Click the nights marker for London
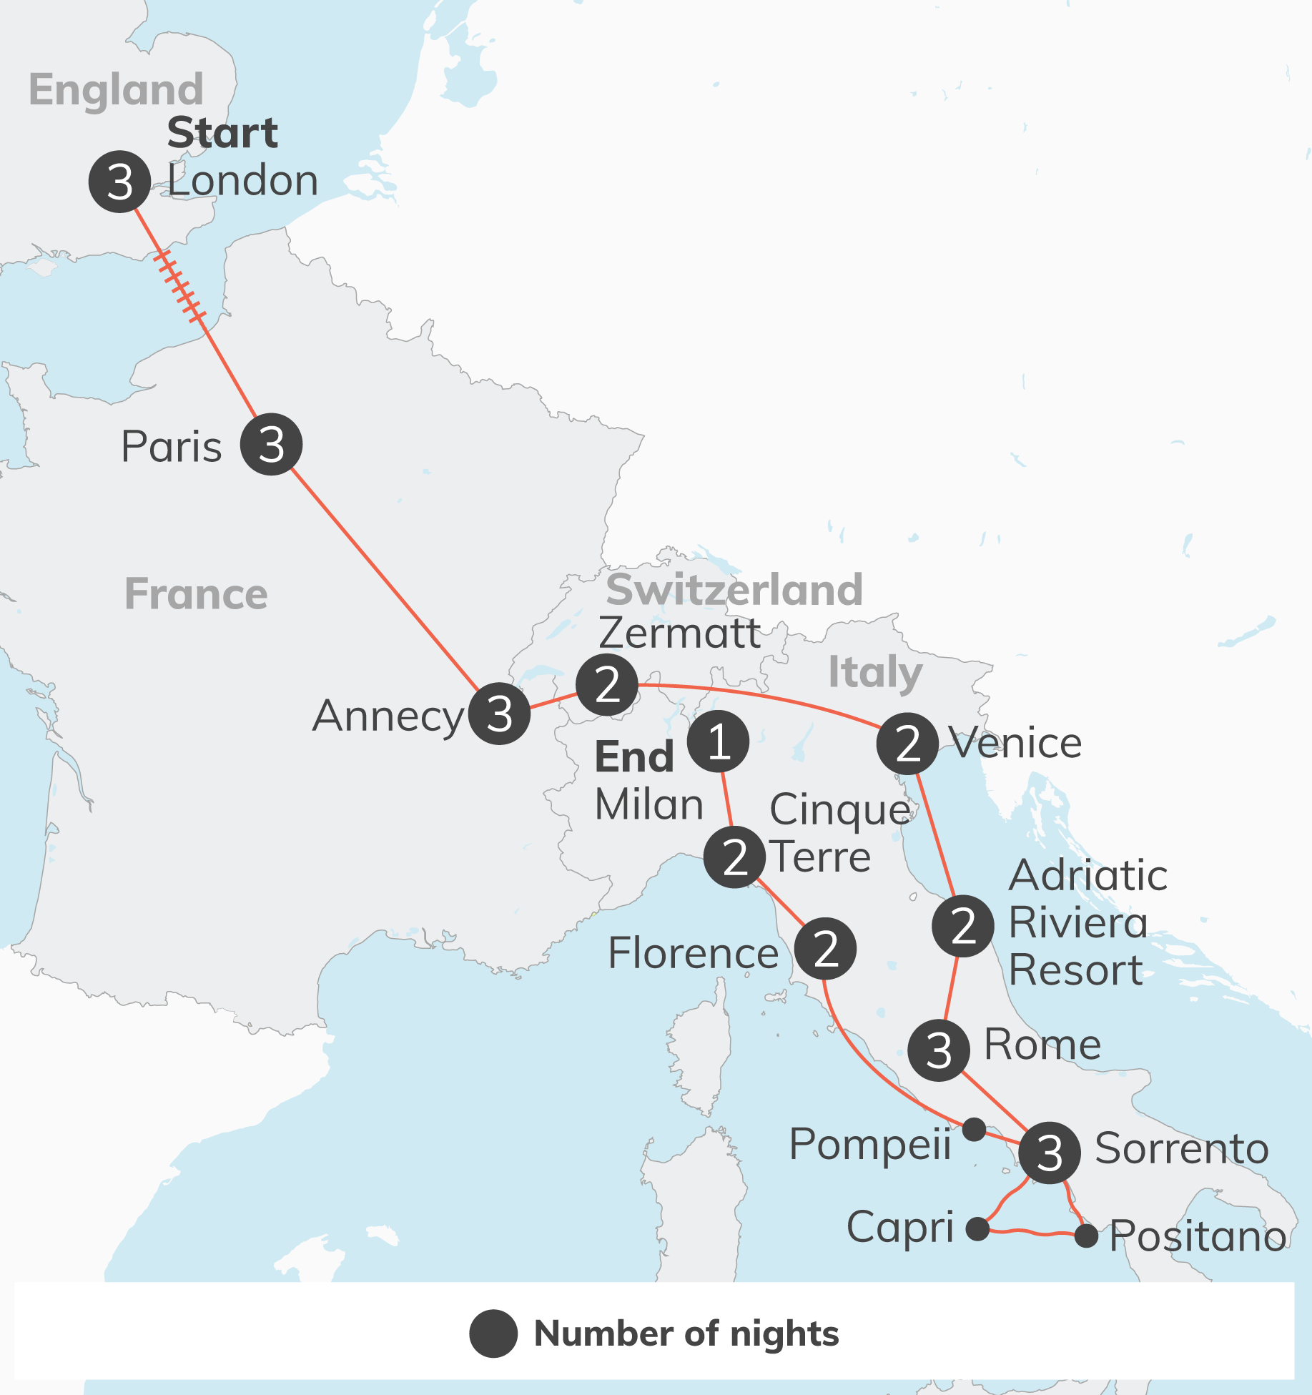pyautogui.click(x=119, y=182)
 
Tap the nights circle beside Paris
pyautogui.click(x=271, y=444)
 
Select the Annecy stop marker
pyautogui.click(x=499, y=713)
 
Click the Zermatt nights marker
pyautogui.click(x=607, y=684)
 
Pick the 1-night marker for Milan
pyautogui.click(x=718, y=741)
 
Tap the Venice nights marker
pyautogui.click(x=907, y=744)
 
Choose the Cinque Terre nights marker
pyautogui.click(x=734, y=857)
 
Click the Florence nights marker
pyautogui.click(x=825, y=949)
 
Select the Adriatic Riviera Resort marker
pyautogui.click(x=962, y=926)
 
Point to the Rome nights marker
pyautogui.click(x=938, y=1050)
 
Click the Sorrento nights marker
pyautogui.click(x=1049, y=1153)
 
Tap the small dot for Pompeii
pyautogui.click(x=974, y=1130)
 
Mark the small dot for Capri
pyautogui.click(x=977, y=1229)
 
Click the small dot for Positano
pyautogui.click(x=1086, y=1236)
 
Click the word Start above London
pyautogui.click(x=222, y=133)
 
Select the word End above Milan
pyautogui.click(x=634, y=757)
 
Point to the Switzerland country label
pyautogui.click(x=734, y=590)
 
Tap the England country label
pyautogui.click(x=116, y=90)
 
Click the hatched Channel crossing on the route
pyautogui.click(x=180, y=287)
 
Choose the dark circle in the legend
pyautogui.click(x=493, y=1334)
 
